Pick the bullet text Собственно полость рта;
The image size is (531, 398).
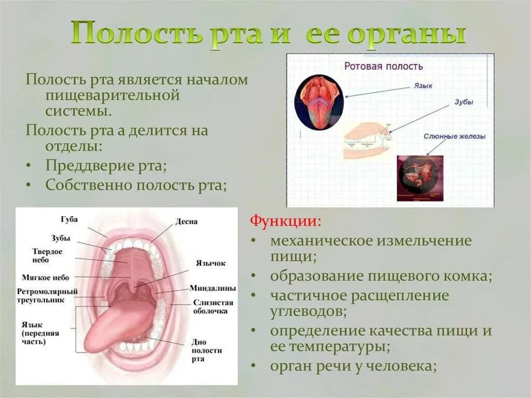(x=136, y=185)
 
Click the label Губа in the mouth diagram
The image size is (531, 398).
(x=68, y=219)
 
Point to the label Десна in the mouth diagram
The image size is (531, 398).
(x=186, y=222)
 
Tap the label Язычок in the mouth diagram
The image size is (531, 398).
(x=211, y=263)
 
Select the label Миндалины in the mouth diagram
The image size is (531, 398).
(x=213, y=288)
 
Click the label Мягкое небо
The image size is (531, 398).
(x=46, y=278)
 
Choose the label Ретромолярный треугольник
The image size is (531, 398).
(x=47, y=296)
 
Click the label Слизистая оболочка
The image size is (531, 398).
(x=213, y=307)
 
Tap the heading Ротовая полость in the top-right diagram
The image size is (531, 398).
(x=384, y=66)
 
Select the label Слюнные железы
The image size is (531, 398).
(x=454, y=136)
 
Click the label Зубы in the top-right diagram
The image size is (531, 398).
(x=464, y=102)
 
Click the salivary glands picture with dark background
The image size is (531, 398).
(x=421, y=178)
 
